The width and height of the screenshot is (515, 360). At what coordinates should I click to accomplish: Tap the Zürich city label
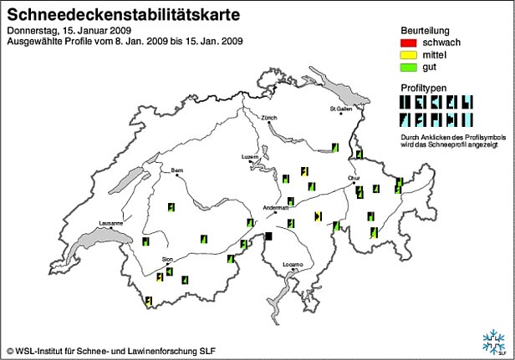click(268, 118)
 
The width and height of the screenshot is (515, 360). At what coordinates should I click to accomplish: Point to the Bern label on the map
click(176, 170)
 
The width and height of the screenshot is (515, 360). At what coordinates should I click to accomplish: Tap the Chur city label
click(354, 177)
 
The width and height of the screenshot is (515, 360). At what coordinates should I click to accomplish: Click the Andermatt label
click(275, 208)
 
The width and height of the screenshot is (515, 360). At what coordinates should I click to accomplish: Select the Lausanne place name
click(110, 223)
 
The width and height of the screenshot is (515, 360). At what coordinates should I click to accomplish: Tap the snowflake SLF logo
click(492, 341)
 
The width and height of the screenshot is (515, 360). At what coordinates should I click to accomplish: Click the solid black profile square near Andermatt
click(268, 237)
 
